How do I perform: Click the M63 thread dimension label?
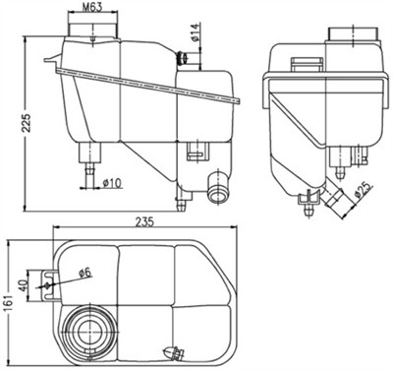pyautogui.click(x=94, y=8)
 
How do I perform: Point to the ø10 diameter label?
pyautogui.click(x=111, y=184)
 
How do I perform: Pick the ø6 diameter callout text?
pyautogui.click(x=84, y=273)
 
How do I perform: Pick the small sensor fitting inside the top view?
pyautogui.click(x=176, y=351)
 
